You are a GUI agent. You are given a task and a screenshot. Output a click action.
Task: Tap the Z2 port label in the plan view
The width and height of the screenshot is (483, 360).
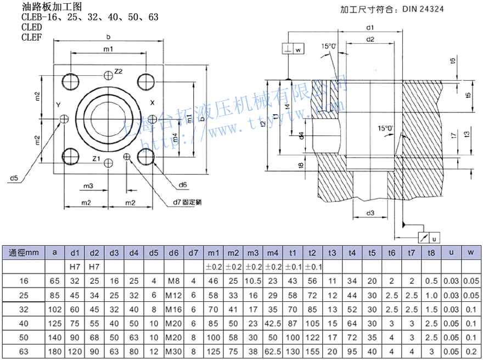pos(118,71)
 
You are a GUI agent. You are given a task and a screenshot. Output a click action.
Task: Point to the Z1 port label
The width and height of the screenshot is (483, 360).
pos(96,159)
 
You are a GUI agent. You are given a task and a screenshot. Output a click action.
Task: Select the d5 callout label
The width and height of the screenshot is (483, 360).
pos(14,178)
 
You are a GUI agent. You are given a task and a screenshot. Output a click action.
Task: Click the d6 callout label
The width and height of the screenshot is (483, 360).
pos(183,184)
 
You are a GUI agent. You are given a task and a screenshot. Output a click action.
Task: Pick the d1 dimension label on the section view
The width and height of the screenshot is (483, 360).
pos(370,27)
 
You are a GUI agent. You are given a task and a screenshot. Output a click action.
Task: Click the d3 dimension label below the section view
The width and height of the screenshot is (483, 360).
pos(370,212)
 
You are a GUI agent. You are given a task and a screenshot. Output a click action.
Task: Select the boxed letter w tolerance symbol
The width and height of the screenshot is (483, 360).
pos(299,50)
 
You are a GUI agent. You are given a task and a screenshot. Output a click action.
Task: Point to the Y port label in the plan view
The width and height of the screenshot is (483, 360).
pos(58,104)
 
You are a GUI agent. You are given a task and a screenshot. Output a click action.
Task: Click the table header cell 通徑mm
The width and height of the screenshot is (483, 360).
pos(24,253)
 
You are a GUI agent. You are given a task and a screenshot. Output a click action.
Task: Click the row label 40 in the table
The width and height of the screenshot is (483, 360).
pos(24,323)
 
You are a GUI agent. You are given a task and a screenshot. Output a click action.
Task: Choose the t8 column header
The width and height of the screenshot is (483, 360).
pos(431,253)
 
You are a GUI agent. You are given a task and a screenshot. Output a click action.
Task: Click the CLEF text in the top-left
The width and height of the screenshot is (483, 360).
pos(31,37)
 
